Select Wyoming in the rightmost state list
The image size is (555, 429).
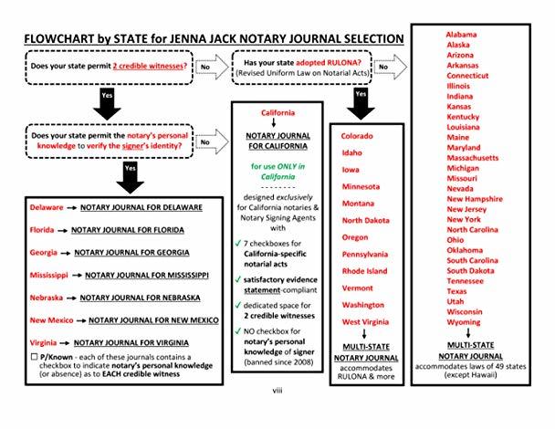point(464,322)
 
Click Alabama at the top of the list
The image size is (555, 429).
point(465,34)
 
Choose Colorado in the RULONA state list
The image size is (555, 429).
point(358,136)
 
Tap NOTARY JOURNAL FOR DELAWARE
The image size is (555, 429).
point(136,207)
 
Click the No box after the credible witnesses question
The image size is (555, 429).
point(206,67)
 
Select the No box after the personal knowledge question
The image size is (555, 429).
point(206,142)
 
